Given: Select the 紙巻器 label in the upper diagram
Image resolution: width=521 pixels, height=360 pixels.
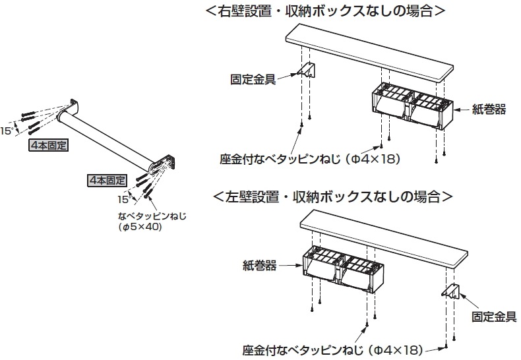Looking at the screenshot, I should (489, 109).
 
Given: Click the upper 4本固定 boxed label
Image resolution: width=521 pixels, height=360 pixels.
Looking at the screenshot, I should (49, 143).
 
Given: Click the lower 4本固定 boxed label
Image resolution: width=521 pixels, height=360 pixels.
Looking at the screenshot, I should (107, 179).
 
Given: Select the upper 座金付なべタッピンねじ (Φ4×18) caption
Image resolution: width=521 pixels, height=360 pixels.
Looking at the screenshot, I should (311, 159).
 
